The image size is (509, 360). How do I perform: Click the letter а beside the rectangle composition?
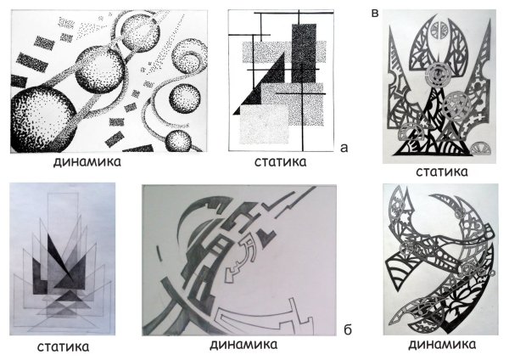(x=343, y=147)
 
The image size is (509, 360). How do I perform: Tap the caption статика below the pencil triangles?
(x=64, y=346)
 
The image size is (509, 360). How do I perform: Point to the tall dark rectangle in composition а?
(x=302, y=51)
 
